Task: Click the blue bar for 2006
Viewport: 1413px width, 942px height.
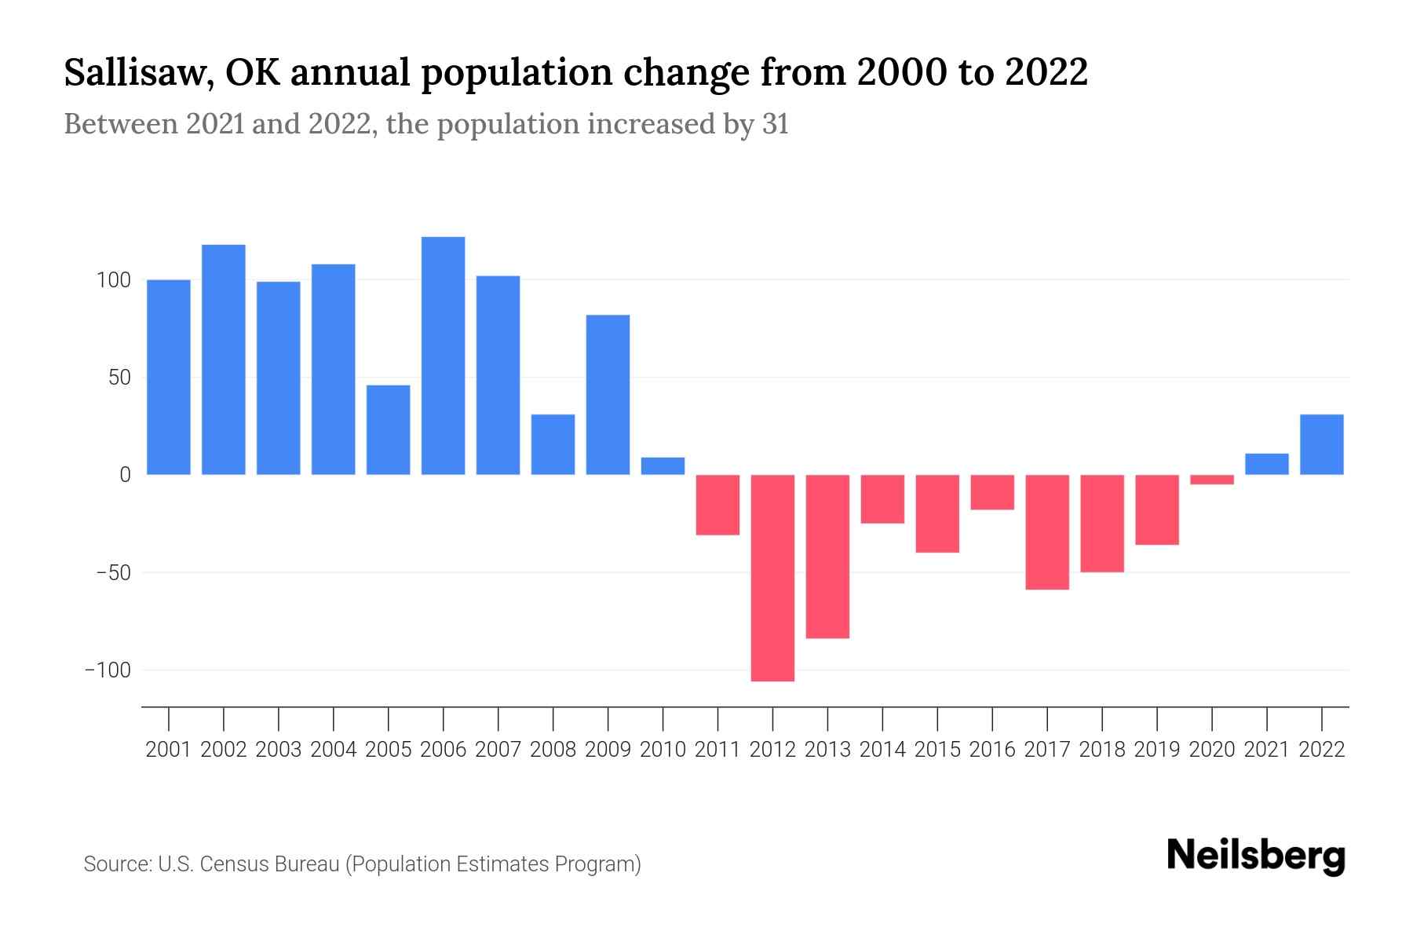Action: click(x=443, y=356)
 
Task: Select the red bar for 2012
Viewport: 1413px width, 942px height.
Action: click(x=772, y=578)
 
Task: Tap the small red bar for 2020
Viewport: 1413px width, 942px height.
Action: click(x=1212, y=480)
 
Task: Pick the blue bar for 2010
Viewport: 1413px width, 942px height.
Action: click(x=663, y=466)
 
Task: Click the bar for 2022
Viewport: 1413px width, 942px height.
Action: click(x=1322, y=444)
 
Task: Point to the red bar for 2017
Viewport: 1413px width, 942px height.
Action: click(x=1047, y=532)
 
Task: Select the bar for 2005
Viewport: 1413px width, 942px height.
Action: click(x=388, y=429)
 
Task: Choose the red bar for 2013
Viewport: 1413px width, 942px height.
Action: click(x=827, y=557)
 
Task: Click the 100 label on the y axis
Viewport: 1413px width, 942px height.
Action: click(x=113, y=280)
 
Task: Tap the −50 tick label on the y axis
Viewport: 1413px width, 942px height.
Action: click(x=113, y=573)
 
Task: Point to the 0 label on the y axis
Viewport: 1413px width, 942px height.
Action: click(x=125, y=475)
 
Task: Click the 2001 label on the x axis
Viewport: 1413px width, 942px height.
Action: click(x=169, y=750)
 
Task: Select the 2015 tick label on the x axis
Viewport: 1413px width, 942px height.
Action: click(x=937, y=750)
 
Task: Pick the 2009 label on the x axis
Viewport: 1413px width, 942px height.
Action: click(x=608, y=750)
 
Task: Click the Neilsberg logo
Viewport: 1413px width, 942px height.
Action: click(x=1255, y=856)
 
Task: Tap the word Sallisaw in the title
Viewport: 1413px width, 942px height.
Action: click(x=138, y=73)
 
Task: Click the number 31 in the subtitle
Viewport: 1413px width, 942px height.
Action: click(x=775, y=125)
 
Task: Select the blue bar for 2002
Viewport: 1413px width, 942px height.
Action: click(x=224, y=360)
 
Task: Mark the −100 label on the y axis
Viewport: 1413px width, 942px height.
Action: click(x=108, y=670)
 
